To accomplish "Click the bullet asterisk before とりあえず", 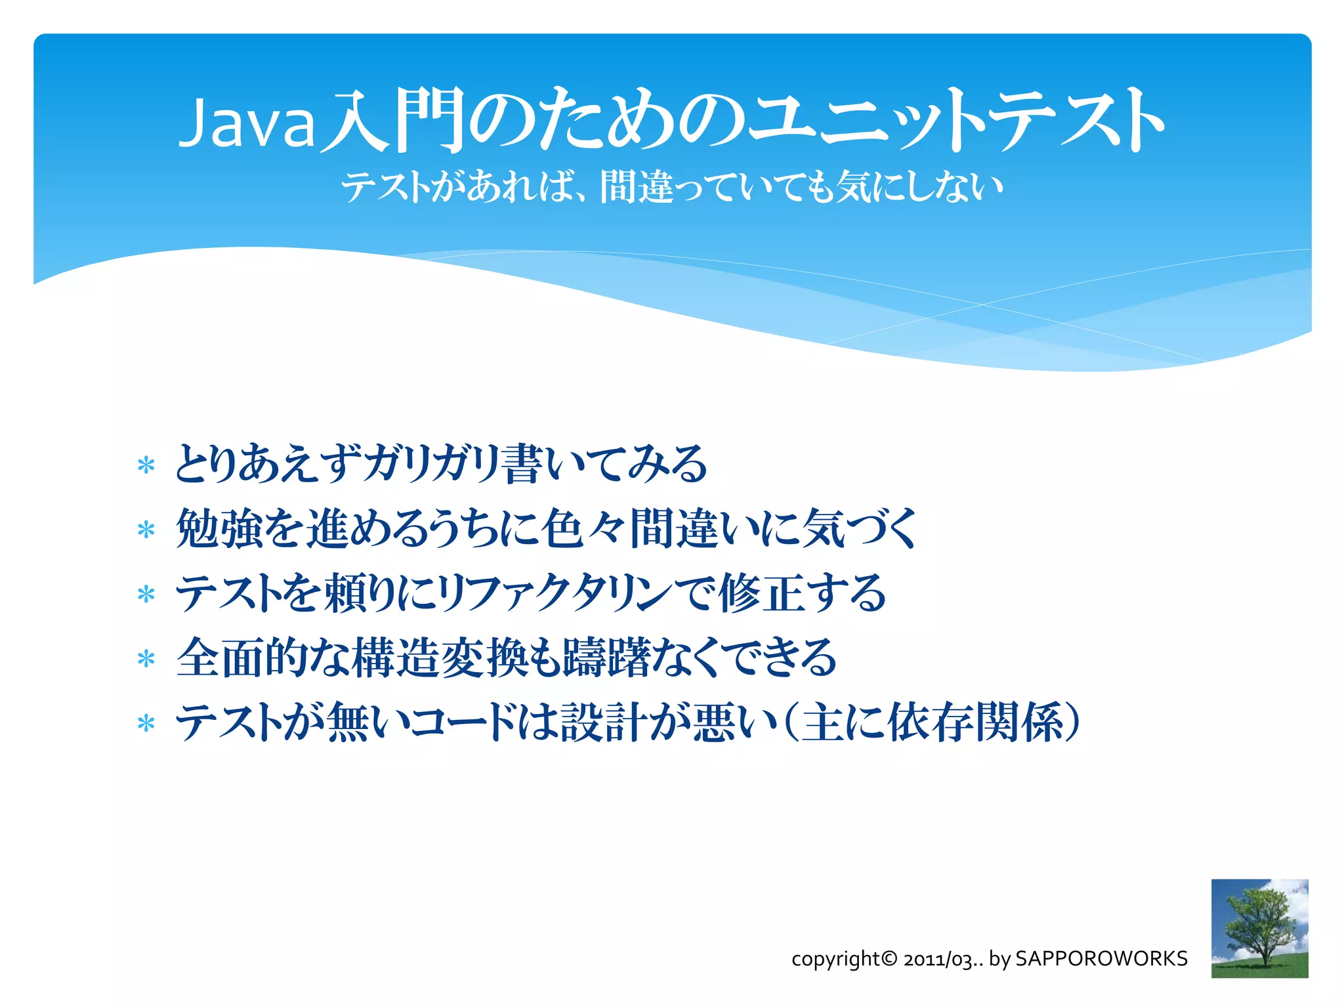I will tap(146, 466).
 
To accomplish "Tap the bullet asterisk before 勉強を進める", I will tap(146, 530).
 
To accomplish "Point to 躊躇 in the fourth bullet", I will tap(607, 657).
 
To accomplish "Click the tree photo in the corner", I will tap(1259, 928).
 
